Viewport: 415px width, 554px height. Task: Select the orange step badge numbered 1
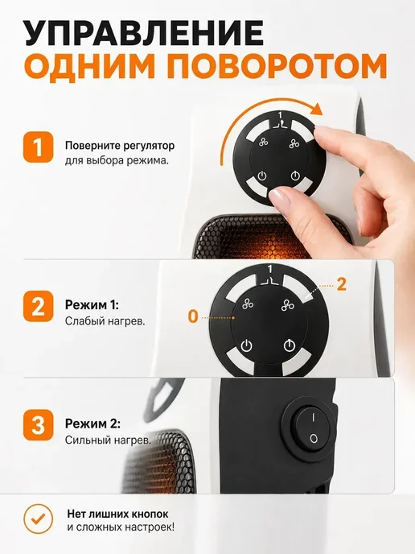38,147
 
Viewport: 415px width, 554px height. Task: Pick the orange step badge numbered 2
38,306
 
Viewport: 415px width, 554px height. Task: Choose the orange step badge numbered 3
38,425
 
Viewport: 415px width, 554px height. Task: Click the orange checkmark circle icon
38,519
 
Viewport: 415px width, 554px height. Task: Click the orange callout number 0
193,316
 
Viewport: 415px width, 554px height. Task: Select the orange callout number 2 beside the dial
341,284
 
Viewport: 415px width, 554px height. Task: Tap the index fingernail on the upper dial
326,134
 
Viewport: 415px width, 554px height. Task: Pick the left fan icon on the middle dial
249,304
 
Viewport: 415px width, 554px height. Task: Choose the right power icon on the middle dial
290,345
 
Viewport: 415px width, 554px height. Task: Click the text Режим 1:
92,305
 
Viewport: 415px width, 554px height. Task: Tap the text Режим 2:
92,424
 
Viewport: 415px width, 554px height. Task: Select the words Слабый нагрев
105,321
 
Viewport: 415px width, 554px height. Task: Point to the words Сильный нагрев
108,440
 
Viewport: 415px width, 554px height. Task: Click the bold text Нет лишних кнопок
118,514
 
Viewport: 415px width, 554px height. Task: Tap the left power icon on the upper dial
262,176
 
